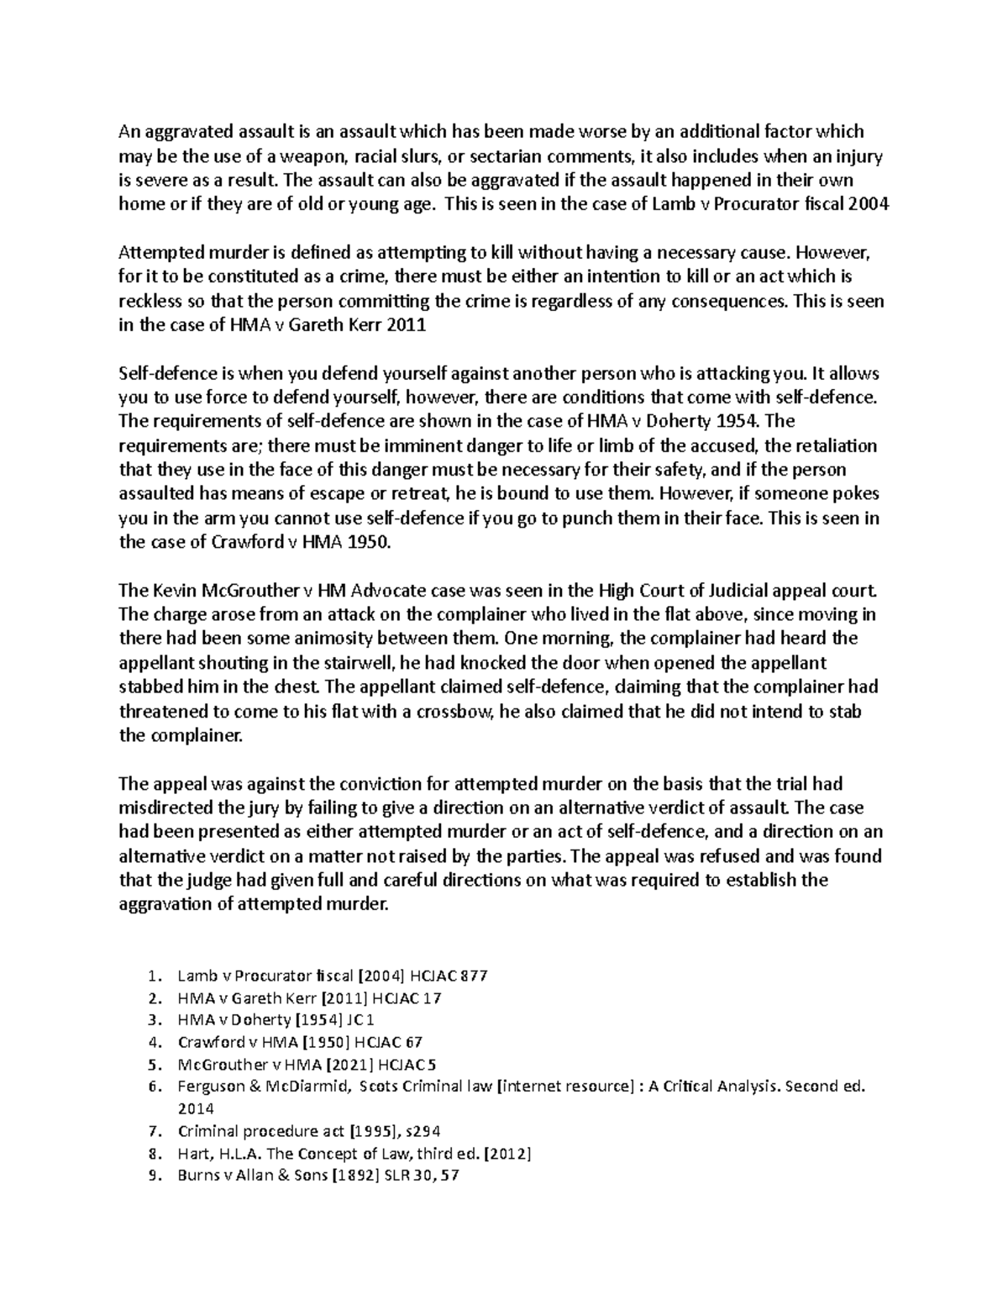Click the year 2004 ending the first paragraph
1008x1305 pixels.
point(868,204)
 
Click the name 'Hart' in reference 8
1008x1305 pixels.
point(192,1154)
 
